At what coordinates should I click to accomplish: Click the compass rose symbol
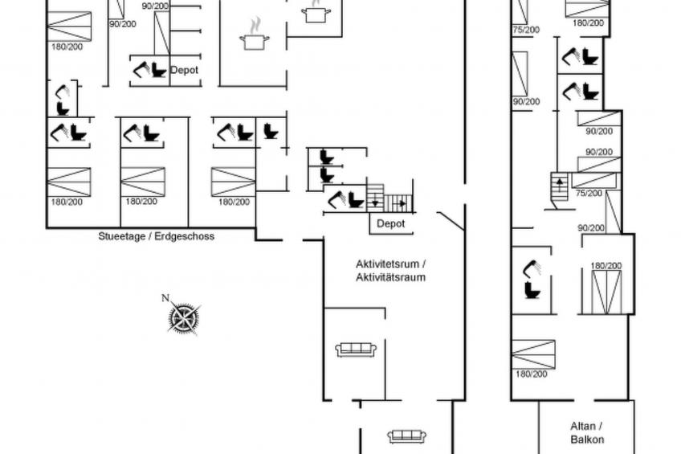pos(185,318)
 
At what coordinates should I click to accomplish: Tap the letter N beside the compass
pos(165,298)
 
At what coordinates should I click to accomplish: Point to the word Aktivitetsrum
pos(387,264)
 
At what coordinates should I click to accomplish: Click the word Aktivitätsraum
pos(391,277)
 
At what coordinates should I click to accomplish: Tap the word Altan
pos(583,426)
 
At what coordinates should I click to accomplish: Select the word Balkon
pos(587,440)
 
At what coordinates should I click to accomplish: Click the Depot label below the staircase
pos(391,223)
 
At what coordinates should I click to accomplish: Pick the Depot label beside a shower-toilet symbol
pos(184,70)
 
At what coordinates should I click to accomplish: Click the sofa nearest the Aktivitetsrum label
pos(356,350)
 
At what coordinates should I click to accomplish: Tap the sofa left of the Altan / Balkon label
pos(407,436)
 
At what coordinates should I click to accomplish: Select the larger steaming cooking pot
pos(255,36)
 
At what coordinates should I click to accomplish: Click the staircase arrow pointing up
pos(560,182)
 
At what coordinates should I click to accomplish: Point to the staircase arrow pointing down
pos(375,202)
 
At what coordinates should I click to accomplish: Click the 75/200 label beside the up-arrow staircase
pos(589,193)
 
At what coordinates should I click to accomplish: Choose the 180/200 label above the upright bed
pos(606,265)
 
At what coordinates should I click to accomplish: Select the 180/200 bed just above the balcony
pos(534,354)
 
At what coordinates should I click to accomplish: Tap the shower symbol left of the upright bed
pos(533,268)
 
